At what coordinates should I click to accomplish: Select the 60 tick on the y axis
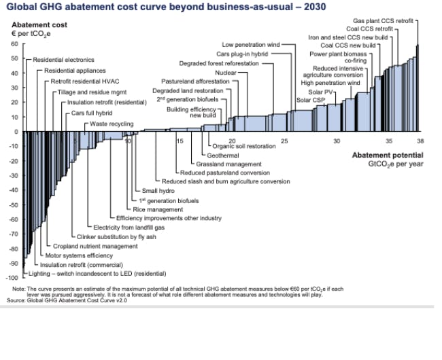[x=16, y=44]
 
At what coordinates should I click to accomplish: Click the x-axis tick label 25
[x=284, y=141]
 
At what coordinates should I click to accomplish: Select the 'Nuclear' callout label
[x=226, y=71]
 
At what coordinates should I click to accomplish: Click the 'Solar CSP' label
[x=311, y=100]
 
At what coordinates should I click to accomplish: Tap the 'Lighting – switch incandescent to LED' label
[x=98, y=274]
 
